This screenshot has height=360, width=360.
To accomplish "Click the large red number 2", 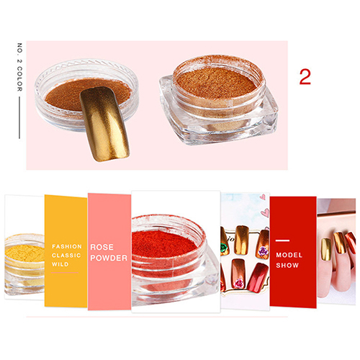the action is [x=305, y=77].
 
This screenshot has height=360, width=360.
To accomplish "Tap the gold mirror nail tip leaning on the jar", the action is [x=104, y=124].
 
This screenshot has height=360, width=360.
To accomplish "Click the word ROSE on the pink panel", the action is [x=102, y=247].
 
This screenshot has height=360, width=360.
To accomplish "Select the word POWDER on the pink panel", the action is [x=109, y=258].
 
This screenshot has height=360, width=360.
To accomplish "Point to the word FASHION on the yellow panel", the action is [x=67, y=246].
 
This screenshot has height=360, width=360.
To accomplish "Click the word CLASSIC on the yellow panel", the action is [x=66, y=256].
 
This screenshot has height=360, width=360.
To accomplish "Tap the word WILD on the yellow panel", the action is [x=60, y=264].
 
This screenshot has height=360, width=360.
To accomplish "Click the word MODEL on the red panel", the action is [x=289, y=255].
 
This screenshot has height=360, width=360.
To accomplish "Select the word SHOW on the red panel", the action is [x=287, y=265].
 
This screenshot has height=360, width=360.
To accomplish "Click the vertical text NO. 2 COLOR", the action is [x=19, y=67].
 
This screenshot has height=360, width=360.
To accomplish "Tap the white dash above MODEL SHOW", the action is [x=282, y=240].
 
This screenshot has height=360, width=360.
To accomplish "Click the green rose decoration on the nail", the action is [x=225, y=248].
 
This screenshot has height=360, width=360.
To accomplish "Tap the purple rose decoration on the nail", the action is [x=263, y=251].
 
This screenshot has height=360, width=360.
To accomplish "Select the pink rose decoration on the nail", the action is [x=239, y=284].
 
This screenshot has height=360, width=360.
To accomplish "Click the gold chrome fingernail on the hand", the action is [x=326, y=249].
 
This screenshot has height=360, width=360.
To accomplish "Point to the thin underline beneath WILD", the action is [x=65, y=273].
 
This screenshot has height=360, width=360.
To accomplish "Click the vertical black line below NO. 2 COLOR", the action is [x=19, y=117].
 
